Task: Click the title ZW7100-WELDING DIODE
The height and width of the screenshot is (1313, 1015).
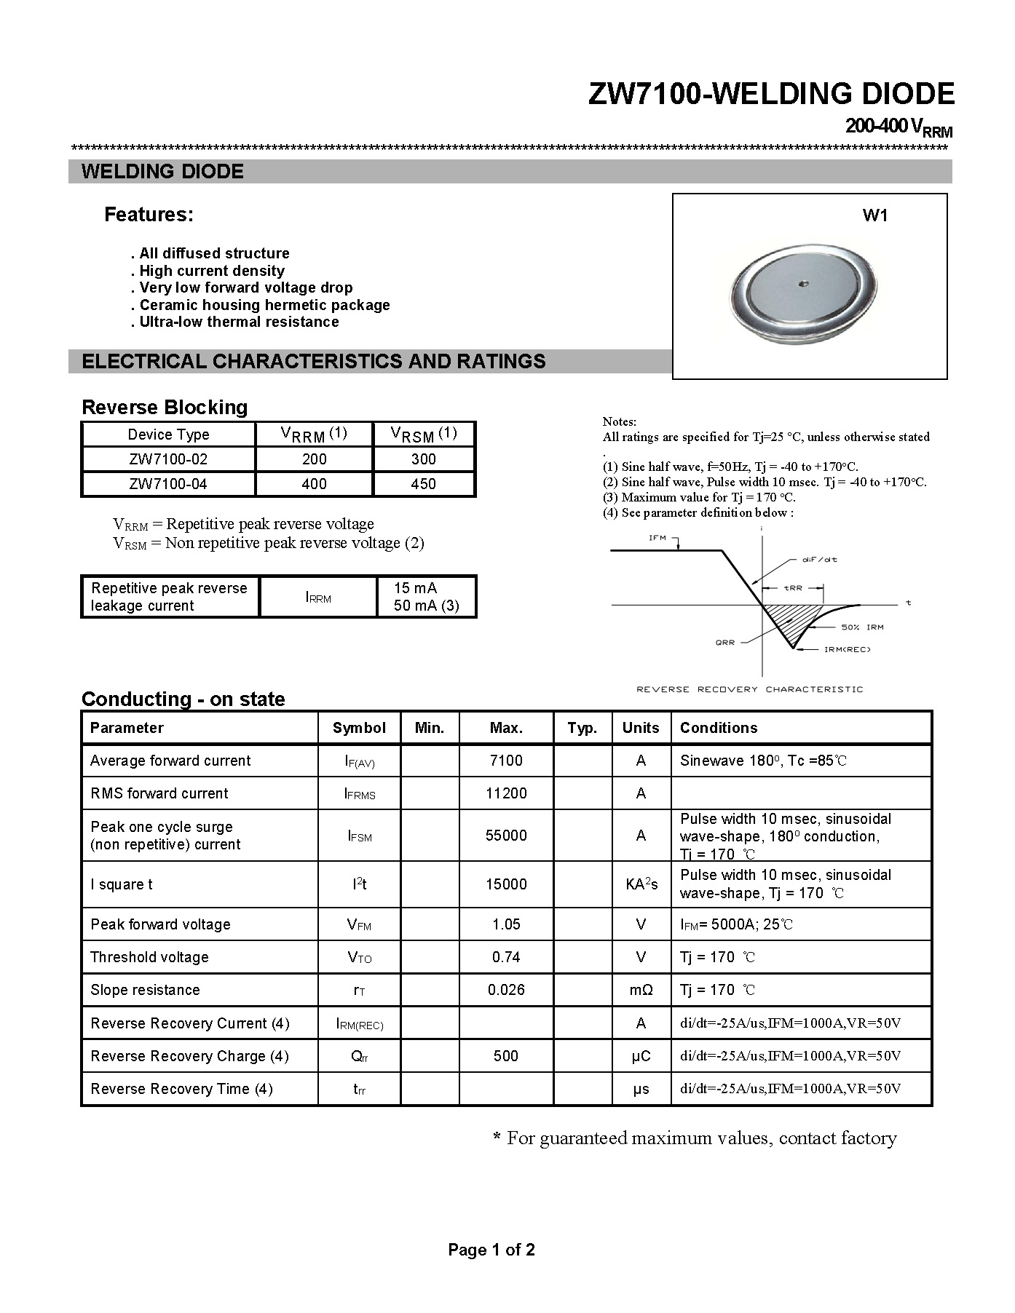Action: tap(770, 95)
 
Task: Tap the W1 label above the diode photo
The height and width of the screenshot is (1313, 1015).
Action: tap(874, 215)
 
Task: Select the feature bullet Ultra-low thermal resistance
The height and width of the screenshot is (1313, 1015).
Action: tap(234, 322)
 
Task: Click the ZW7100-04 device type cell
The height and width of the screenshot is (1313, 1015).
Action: tap(168, 484)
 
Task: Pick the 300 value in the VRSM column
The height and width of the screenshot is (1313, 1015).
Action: tap(423, 459)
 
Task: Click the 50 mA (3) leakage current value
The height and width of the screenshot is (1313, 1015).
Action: tap(426, 606)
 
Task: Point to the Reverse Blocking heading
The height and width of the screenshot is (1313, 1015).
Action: tap(165, 408)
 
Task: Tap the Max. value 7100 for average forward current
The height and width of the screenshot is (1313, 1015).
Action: tap(506, 761)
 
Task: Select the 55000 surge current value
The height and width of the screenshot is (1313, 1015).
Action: tap(506, 836)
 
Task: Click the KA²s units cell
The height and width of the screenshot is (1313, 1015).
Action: tap(641, 884)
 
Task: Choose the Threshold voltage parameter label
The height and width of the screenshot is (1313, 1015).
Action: tap(149, 957)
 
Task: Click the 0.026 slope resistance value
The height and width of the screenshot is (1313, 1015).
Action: tap(506, 990)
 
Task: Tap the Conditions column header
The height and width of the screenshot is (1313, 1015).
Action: tap(719, 728)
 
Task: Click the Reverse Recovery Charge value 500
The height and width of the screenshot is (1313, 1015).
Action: tap(506, 1056)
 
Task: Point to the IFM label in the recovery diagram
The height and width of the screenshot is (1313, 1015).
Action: tap(657, 538)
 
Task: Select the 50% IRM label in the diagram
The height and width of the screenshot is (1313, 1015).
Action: tap(862, 627)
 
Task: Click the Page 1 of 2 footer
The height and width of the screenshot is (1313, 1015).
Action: tap(491, 1250)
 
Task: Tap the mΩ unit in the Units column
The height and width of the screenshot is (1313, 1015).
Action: tap(641, 990)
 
